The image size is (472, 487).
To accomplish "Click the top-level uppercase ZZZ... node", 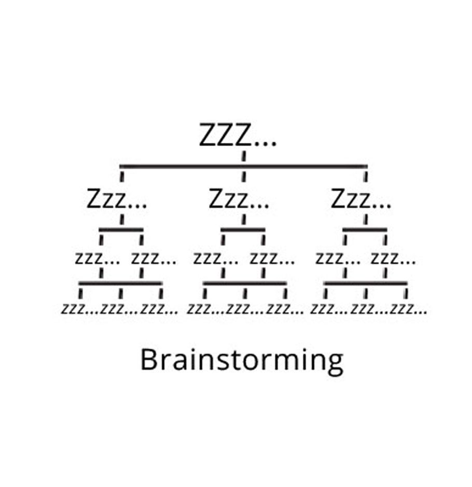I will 238,136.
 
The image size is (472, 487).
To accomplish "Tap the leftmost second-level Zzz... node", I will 117,199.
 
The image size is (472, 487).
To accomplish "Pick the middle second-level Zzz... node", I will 239,199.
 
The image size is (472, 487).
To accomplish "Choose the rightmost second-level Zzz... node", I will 361,199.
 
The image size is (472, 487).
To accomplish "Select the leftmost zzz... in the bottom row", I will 80,310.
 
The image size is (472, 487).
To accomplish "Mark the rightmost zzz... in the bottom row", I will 409,310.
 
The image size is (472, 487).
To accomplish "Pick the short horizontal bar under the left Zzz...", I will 121,228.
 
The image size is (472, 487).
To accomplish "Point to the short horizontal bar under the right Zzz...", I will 365,228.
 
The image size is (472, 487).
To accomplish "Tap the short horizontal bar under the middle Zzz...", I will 243,228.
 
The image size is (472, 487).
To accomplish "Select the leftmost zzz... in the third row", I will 97,258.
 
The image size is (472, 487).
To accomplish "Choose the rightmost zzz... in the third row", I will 393,258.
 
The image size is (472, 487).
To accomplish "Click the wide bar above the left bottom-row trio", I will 120,283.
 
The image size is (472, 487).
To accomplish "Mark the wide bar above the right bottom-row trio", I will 365,283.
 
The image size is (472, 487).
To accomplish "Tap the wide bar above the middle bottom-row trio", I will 244,283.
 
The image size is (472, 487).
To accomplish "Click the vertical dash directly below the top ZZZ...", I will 243,155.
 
